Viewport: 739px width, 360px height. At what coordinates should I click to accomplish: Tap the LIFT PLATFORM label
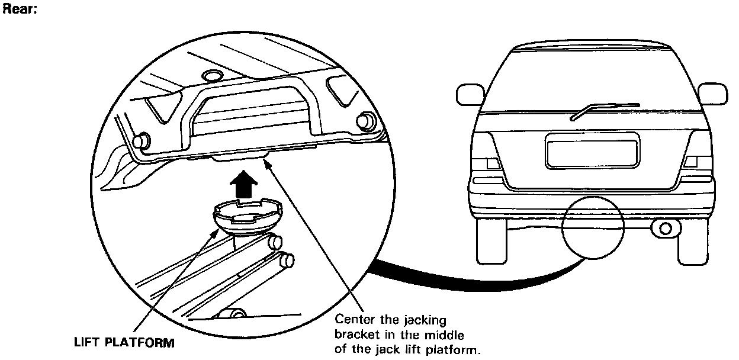pyautogui.click(x=124, y=342)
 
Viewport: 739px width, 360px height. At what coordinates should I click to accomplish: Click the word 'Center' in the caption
pyautogui.click(x=353, y=320)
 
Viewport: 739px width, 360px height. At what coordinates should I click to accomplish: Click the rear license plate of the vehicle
pyautogui.click(x=593, y=151)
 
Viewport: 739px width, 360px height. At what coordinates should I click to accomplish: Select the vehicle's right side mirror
pyautogui.click(x=713, y=94)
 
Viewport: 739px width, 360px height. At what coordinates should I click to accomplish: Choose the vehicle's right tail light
pyautogui.click(x=691, y=161)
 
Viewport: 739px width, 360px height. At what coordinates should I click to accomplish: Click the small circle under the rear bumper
pyautogui.click(x=593, y=227)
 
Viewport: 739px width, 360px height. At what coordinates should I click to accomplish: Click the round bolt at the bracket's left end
pyautogui.click(x=141, y=141)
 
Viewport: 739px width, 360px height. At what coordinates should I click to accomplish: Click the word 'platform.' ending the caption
pyautogui.click(x=457, y=349)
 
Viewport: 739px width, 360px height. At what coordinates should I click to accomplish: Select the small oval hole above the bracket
pyautogui.click(x=210, y=75)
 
